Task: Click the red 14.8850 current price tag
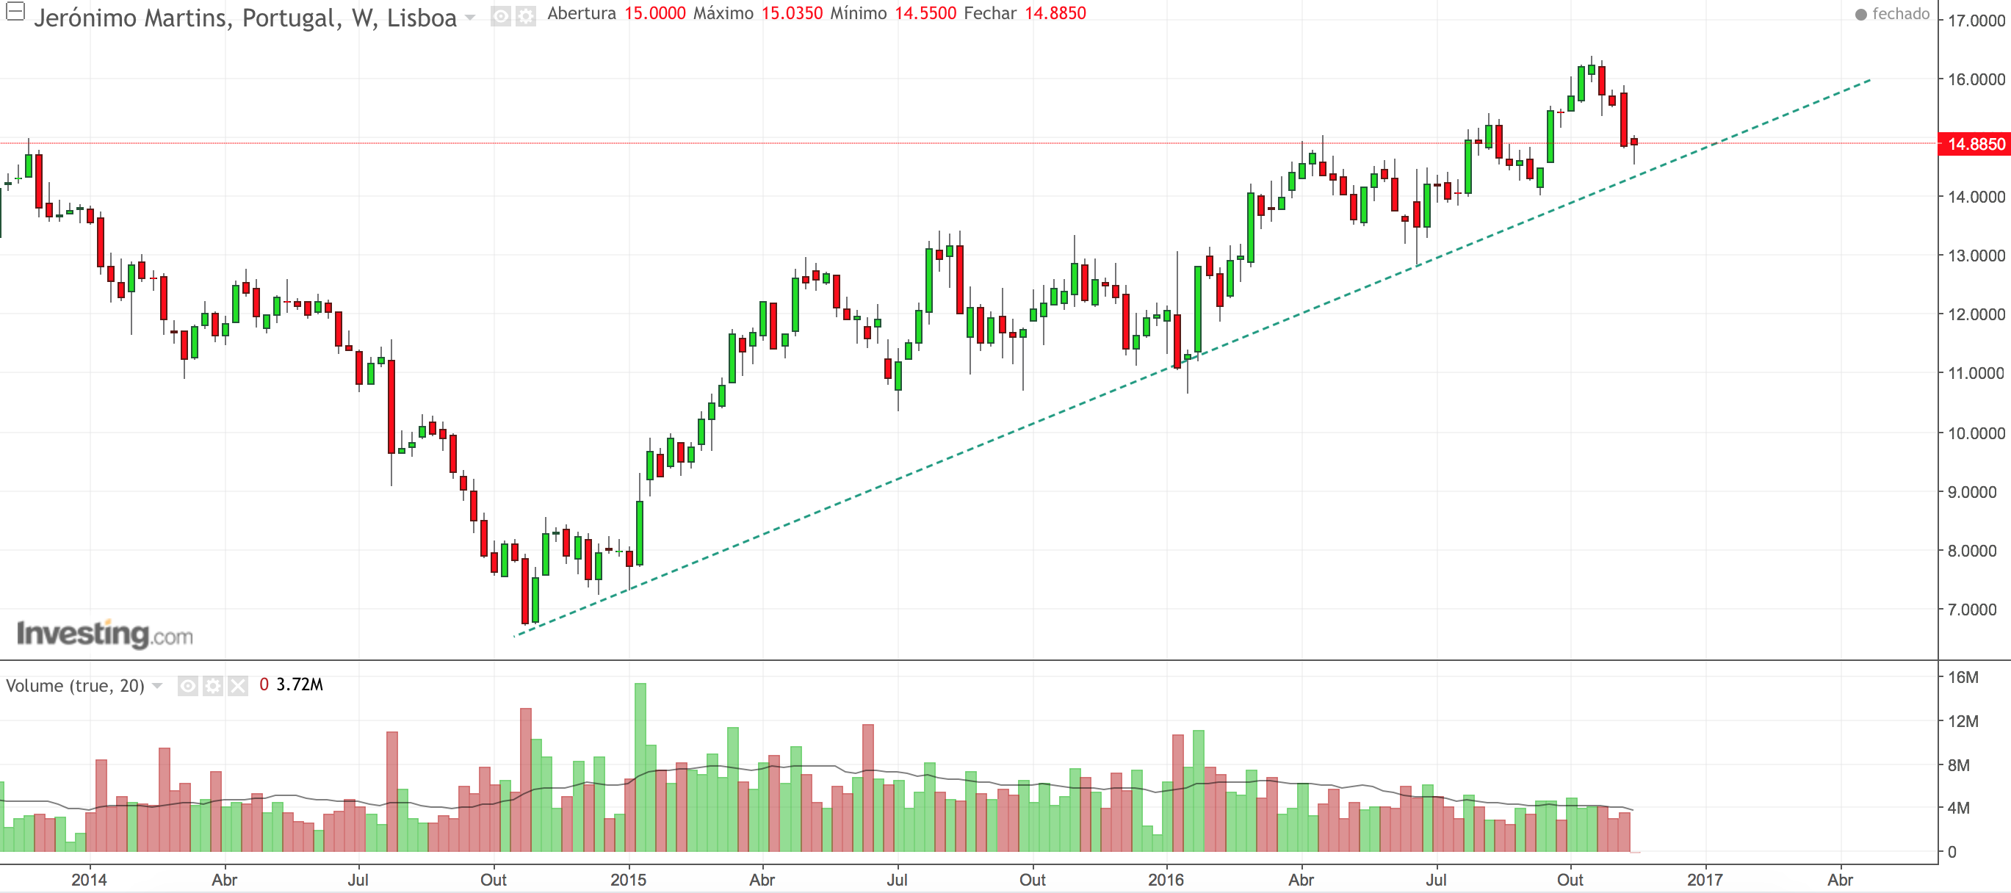[x=1975, y=144]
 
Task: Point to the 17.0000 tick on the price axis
[x=1976, y=21]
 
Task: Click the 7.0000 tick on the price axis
[x=1972, y=610]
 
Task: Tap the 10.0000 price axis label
[x=1976, y=433]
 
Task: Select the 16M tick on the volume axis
[x=1963, y=678]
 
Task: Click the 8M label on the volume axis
[x=1958, y=765]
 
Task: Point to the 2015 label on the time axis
[x=628, y=880]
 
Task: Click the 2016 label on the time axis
[x=1166, y=880]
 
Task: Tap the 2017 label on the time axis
[x=1704, y=880]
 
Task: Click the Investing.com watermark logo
[x=104, y=634]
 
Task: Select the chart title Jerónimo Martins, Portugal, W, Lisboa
[x=245, y=17]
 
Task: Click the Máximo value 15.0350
[x=792, y=13]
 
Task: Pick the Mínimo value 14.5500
[x=925, y=13]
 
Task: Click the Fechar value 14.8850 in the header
[x=1055, y=13]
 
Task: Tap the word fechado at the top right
[x=1900, y=14]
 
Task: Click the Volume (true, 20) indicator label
[x=75, y=685]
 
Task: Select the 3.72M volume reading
[x=299, y=684]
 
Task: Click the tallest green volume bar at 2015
[x=640, y=765]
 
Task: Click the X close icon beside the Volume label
[x=238, y=685]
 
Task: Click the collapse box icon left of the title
[x=15, y=12]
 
